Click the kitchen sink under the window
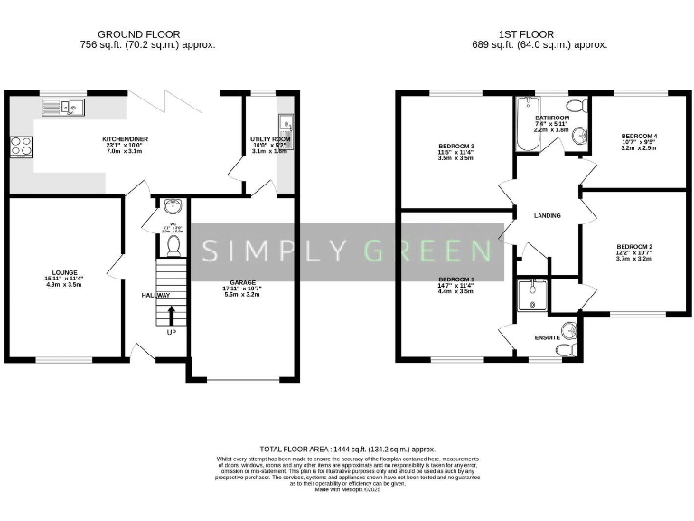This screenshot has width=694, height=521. [62, 108]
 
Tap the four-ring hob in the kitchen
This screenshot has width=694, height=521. [21, 147]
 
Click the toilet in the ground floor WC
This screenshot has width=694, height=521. [173, 244]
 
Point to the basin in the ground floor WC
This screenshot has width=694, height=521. [173, 205]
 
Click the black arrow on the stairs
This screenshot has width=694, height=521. [172, 314]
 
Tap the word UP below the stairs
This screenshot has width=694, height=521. [172, 332]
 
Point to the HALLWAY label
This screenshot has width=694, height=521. [156, 296]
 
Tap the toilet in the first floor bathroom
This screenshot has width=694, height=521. [582, 107]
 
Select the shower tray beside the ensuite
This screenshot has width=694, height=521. [533, 296]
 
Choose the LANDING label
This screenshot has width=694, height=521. [548, 216]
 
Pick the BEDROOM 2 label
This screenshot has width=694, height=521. [634, 246]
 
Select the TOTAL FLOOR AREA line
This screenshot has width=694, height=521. [348, 449]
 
